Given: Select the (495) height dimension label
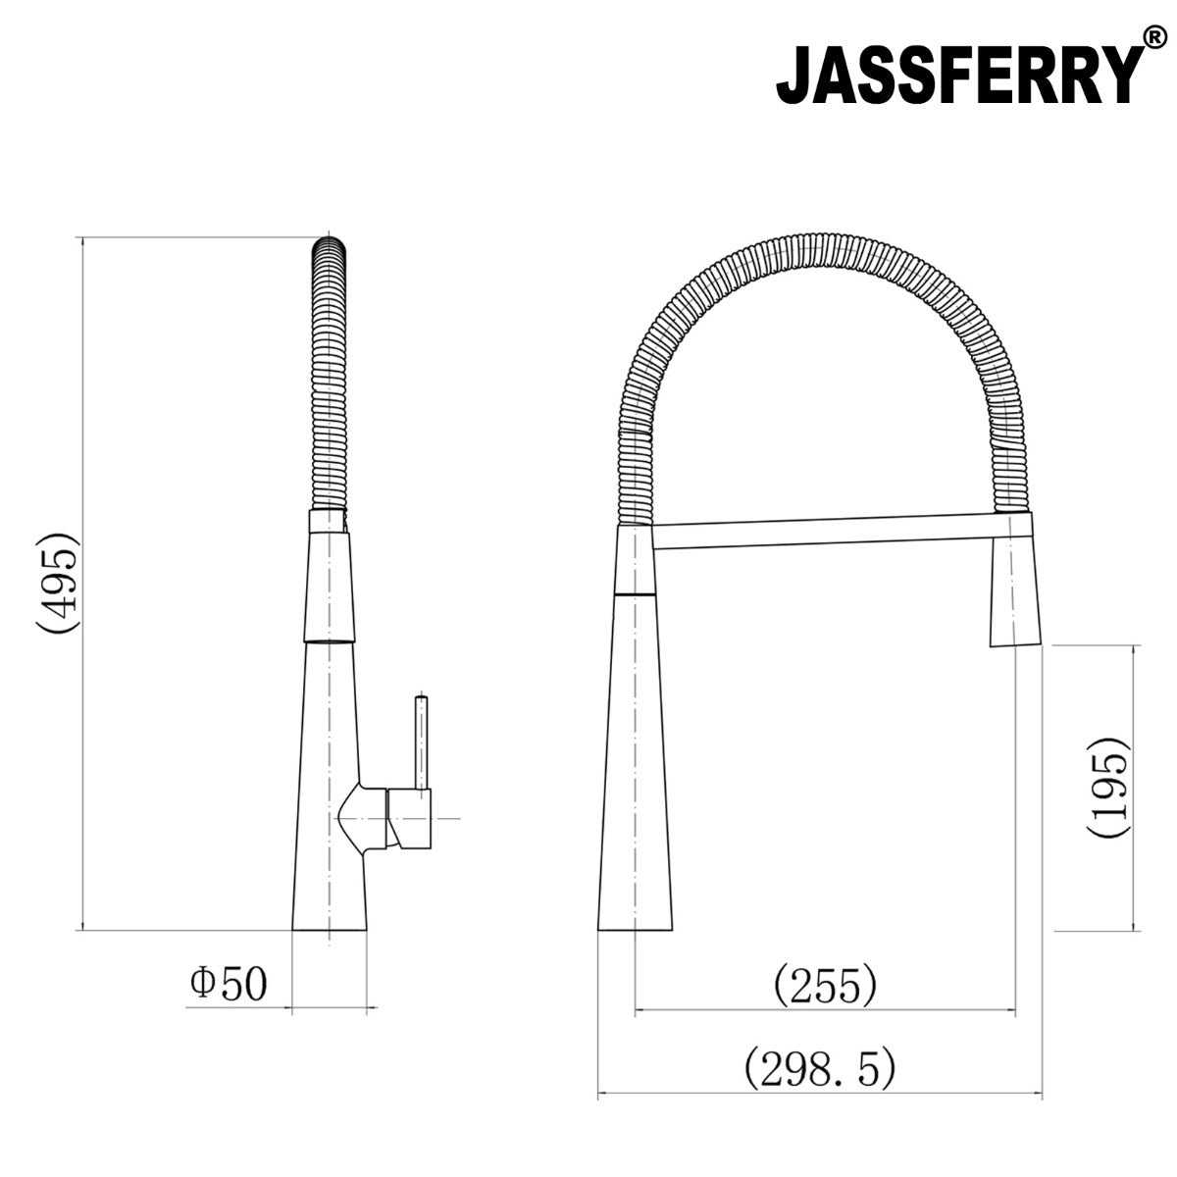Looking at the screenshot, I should tap(55, 585).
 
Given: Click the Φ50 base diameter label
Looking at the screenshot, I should tap(228, 984).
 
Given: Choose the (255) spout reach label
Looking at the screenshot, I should tap(824, 986).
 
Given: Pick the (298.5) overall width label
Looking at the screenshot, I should tap(820, 1068).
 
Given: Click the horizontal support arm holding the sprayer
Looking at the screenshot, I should tap(824, 535).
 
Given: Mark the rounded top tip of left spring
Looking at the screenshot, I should tap(330, 243).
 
